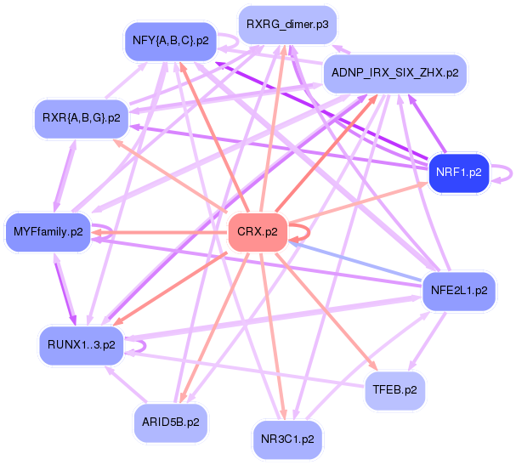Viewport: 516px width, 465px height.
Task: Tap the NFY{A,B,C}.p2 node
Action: tap(169, 40)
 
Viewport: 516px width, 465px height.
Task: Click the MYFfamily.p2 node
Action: tap(48, 231)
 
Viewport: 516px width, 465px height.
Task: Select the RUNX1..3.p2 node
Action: tap(82, 344)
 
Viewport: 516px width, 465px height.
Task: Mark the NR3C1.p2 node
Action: tap(288, 439)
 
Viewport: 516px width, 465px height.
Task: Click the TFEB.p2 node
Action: tap(394, 390)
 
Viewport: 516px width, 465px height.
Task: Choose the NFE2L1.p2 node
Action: tap(459, 290)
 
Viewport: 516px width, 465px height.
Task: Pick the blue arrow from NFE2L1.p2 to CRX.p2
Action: tap(357, 261)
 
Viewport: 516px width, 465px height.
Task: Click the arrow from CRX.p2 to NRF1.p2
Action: tap(357, 201)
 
